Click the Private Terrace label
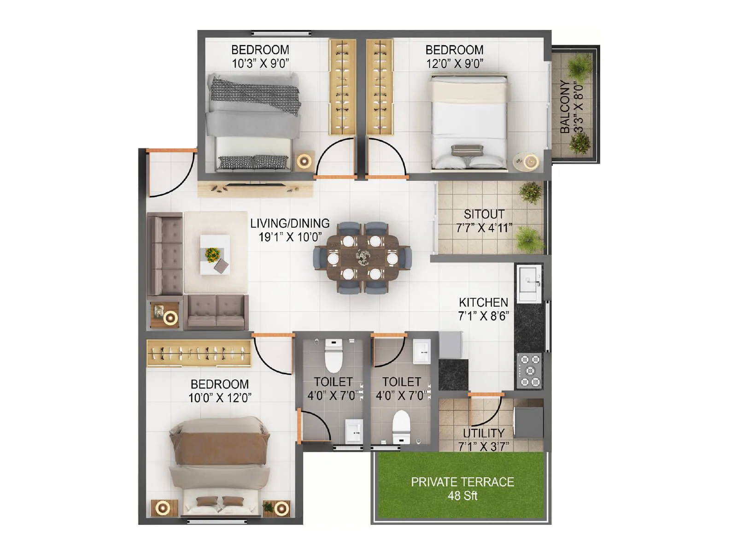pyautogui.click(x=462, y=482)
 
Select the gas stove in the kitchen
pyautogui.click(x=530, y=371)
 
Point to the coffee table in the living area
pyautogui.click(x=215, y=254)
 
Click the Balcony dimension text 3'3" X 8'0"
pyautogui.click(x=579, y=107)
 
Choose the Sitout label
pyautogui.click(x=484, y=214)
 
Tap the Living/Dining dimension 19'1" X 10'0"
pyautogui.click(x=290, y=237)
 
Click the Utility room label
pyautogui.click(x=484, y=433)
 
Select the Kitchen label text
pyautogui.click(x=483, y=302)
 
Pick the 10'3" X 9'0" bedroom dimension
pyautogui.click(x=260, y=64)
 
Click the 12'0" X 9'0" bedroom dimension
pyautogui.click(x=454, y=64)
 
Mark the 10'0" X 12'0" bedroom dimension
pyautogui.click(x=220, y=398)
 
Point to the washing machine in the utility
pyautogui.click(x=528, y=418)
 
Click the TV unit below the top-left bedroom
pyautogui.click(x=255, y=188)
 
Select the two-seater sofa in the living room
pyautogui.click(x=216, y=312)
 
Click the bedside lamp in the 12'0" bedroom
pyautogui.click(x=531, y=161)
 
